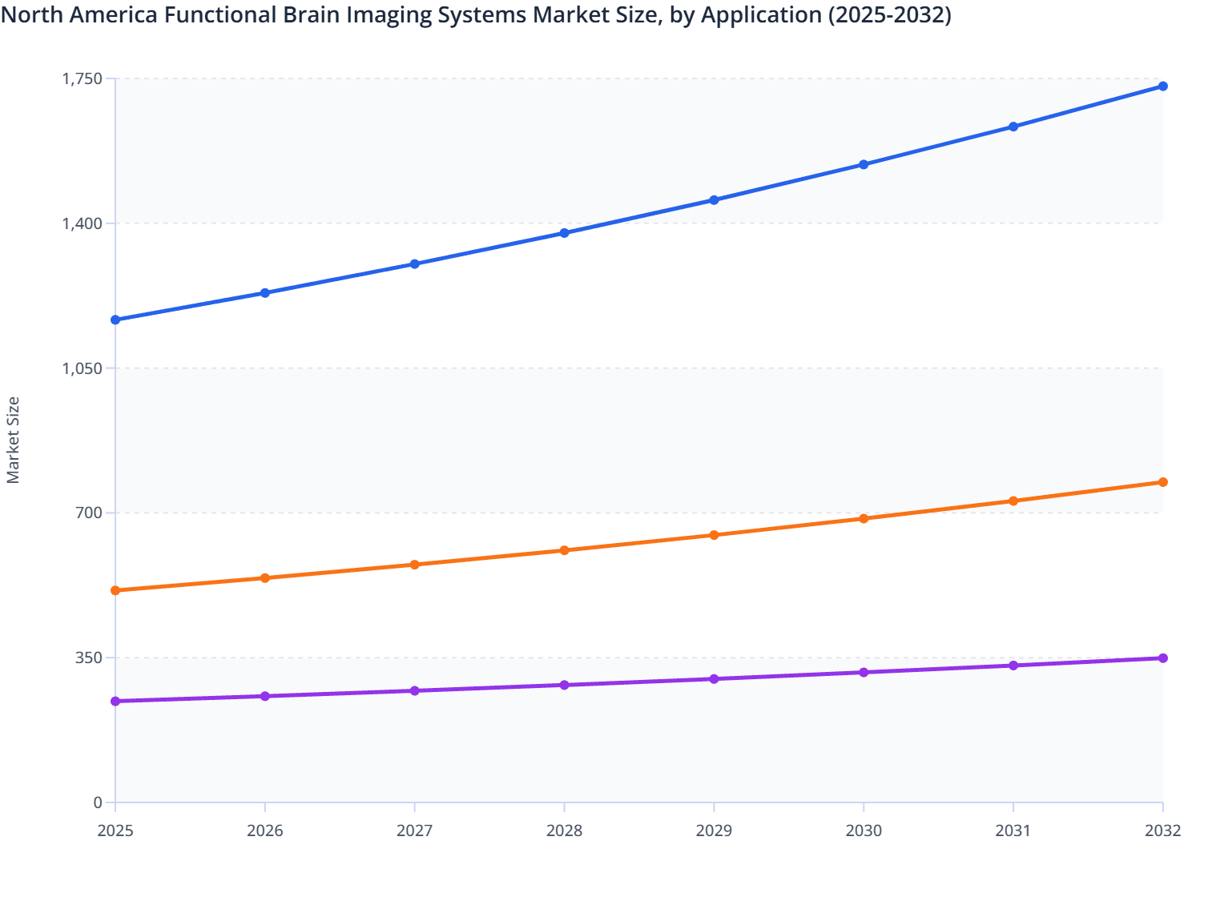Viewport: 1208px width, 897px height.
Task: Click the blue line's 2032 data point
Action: click(x=1162, y=86)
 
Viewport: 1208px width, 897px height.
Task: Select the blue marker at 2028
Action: click(x=564, y=233)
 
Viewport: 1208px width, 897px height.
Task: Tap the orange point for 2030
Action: click(x=864, y=519)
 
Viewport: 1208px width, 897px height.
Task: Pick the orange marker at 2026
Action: click(x=265, y=578)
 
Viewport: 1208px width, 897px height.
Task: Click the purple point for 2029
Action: click(x=714, y=679)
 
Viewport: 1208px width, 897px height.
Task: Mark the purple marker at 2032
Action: click(x=1162, y=658)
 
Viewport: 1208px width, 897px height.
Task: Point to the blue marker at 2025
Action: click(x=115, y=320)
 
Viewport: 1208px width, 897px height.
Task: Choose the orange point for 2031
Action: click(x=1013, y=501)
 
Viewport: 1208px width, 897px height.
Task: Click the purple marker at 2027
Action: click(x=415, y=691)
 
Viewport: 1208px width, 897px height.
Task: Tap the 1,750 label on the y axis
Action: click(x=83, y=78)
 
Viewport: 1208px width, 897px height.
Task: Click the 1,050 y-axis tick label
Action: click(x=83, y=368)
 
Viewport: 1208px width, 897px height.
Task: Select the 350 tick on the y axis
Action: click(x=89, y=658)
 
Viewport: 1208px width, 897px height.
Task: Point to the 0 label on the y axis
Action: click(x=98, y=802)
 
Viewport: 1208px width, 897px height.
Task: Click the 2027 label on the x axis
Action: click(x=415, y=831)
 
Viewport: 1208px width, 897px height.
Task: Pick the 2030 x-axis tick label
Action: click(x=864, y=831)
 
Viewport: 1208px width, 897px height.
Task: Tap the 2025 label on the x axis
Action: click(x=115, y=831)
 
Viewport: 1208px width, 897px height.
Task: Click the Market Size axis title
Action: click(x=13, y=440)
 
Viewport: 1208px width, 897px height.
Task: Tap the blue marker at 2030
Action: click(x=864, y=165)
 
